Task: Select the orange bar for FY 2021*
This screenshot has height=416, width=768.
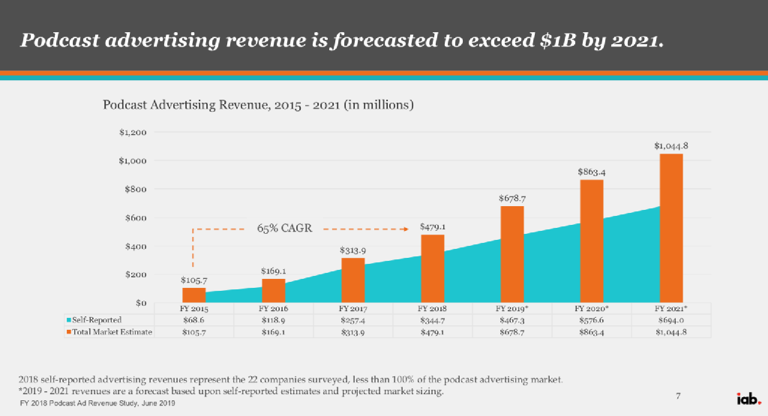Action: point(671,228)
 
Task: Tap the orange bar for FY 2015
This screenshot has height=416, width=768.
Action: point(193,295)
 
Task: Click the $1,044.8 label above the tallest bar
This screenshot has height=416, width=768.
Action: point(671,145)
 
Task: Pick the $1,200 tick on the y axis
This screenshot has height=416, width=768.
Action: point(132,133)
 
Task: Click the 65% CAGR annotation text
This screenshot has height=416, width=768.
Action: point(284,226)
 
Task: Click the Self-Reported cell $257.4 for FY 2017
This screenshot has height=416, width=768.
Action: point(352,320)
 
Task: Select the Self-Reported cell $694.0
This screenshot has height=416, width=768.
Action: point(670,320)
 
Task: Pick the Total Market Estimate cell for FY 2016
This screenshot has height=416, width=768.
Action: point(273,332)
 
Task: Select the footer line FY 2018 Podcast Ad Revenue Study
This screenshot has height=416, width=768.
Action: point(97,404)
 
